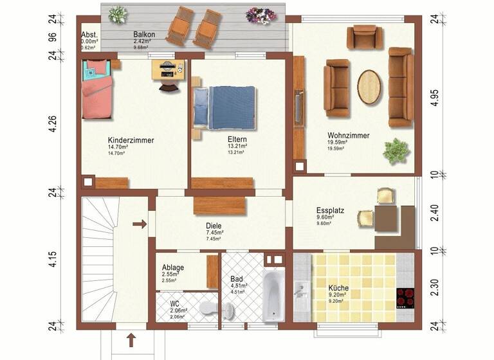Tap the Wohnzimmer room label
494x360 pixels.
[348, 136]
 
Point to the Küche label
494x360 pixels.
[338, 288]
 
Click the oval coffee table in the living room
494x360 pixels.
[369, 86]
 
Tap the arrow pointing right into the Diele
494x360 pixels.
[139, 224]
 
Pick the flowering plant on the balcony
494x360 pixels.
[261, 14]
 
